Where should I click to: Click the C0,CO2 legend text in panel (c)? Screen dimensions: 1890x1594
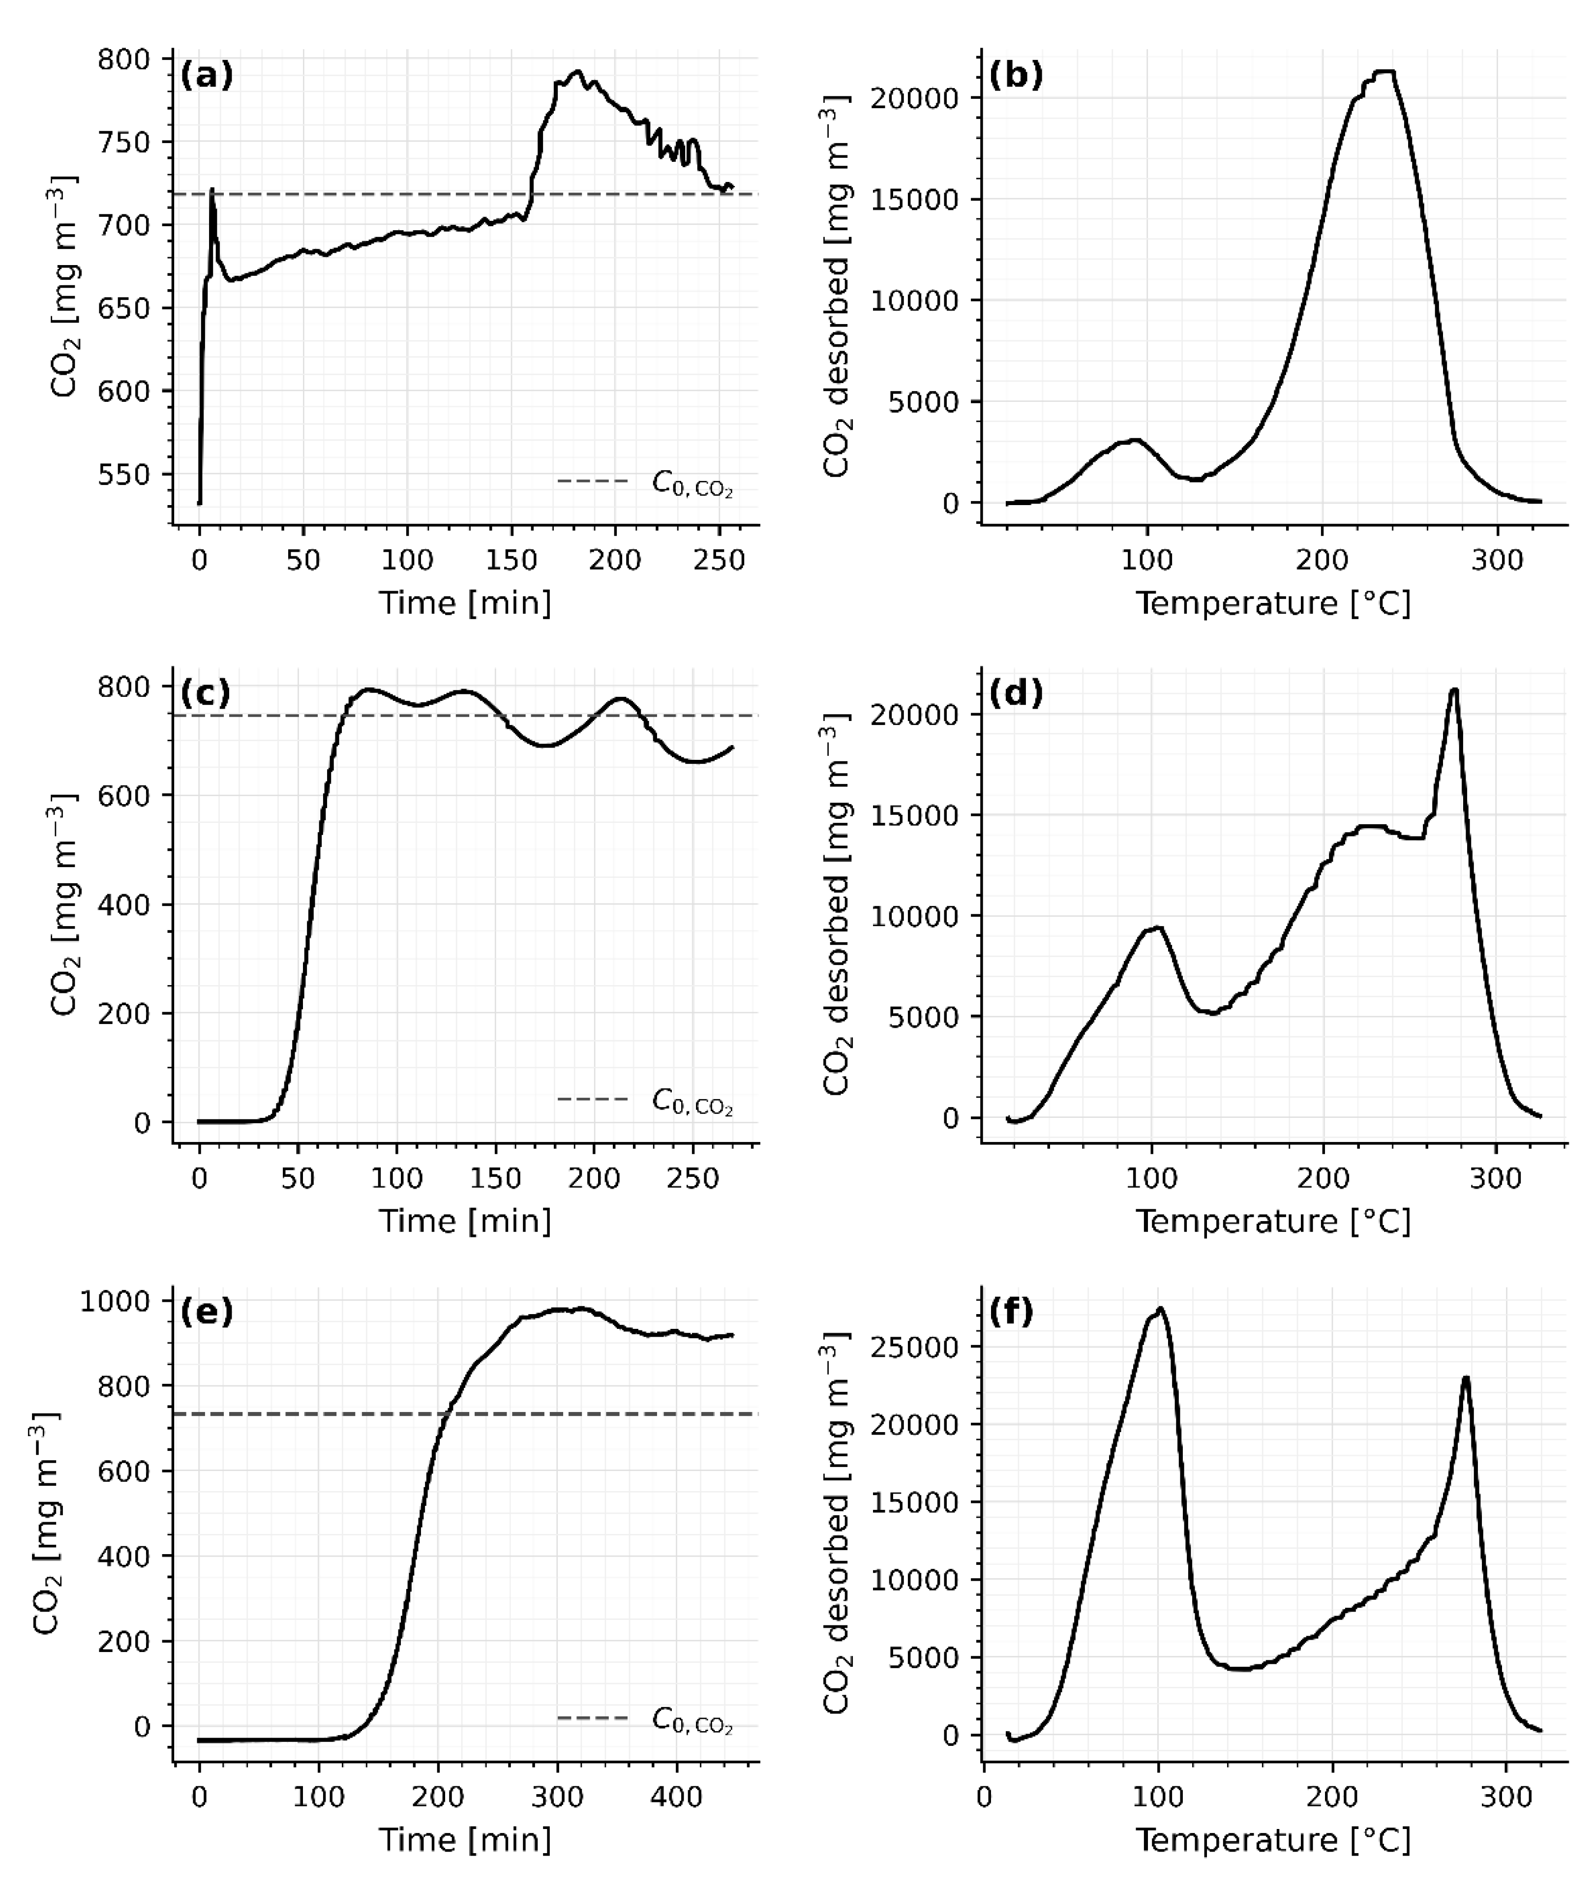[x=692, y=1101]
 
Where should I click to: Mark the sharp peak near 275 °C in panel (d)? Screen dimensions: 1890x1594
[x=1454, y=691]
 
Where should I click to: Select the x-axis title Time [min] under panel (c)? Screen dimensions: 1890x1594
[x=464, y=1221]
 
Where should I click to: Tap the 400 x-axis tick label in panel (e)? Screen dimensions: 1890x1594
[x=676, y=1797]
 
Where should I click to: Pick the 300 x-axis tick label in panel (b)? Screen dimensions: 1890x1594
[x=1497, y=560]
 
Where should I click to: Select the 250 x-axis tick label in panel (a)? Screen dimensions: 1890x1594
[x=719, y=560]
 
